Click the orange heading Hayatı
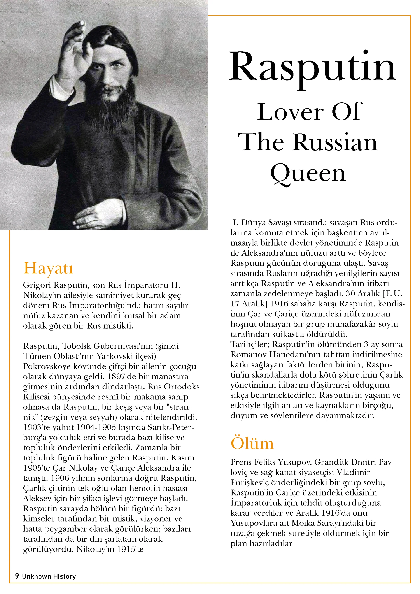click(x=48, y=268)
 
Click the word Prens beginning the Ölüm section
click(x=241, y=462)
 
